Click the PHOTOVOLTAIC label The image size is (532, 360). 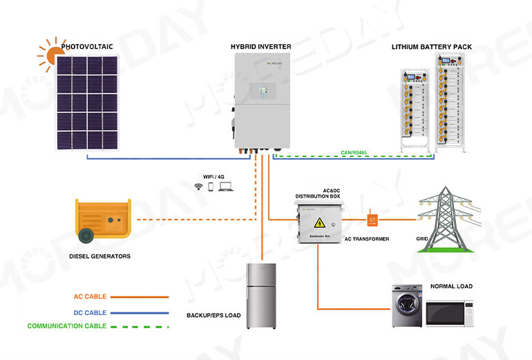(x=86, y=47)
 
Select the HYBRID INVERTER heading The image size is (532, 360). (x=260, y=47)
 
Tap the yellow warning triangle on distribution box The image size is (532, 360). (x=320, y=222)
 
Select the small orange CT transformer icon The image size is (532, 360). (x=372, y=220)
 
